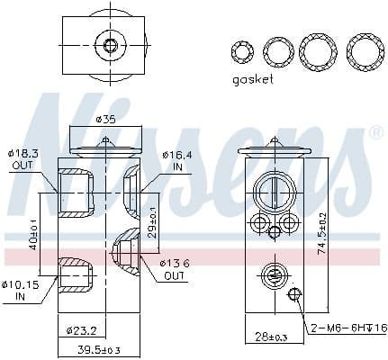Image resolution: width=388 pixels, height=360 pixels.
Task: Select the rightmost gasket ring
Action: coord(365,51)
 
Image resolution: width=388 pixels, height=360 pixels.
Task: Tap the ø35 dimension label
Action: coord(105,120)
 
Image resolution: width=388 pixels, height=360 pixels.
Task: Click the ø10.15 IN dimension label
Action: coord(23,291)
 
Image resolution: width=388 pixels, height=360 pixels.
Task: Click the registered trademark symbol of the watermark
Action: coord(375,132)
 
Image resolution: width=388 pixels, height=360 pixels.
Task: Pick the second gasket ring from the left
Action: coord(278,51)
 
